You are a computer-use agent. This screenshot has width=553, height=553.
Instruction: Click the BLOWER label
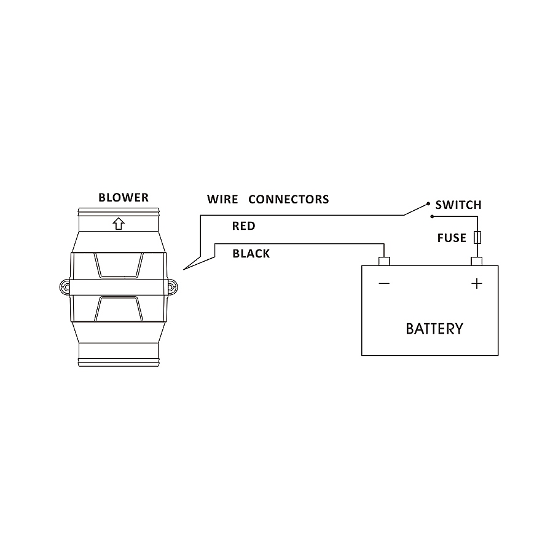pyautogui.click(x=124, y=198)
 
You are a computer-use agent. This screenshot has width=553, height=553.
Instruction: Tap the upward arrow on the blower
pyautogui.click(x=119, y=224)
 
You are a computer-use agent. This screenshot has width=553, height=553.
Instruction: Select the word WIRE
pyautogui.click(x=222, y=200)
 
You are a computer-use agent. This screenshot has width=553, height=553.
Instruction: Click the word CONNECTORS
pyautogui.click(x=288, y=200)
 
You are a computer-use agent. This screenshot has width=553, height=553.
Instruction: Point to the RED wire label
pyautogui.click(x=243, y=226)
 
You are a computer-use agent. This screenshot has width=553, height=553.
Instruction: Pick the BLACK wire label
pyautogui.click(x=251, y=254)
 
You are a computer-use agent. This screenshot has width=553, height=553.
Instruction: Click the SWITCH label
pyautogui.click(x=458, y=205)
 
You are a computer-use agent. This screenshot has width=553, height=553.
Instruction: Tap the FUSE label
pyautogui.click(x=452, y=238)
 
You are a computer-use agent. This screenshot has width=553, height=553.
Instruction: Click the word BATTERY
pyautogui.click(x=434, y=329)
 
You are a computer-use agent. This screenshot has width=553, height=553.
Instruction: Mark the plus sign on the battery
pyautogui.click(x=476, y=283)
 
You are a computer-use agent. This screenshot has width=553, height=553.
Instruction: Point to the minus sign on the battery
pyautogui.click(x=384, y=283)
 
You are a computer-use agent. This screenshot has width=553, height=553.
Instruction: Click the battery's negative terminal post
pyautogui.click(x=384, y=262)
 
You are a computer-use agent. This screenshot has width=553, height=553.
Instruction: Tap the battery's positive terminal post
pyautogui.click(x=476, y=262)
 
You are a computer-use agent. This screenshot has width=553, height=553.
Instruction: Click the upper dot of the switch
pyautogui.click(x=428, y=203)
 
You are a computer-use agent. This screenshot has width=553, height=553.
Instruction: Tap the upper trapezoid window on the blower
pyautogui.click(x=119, y=265)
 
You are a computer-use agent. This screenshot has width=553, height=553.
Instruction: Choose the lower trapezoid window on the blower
pyautogui.click(x=119, y=309)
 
